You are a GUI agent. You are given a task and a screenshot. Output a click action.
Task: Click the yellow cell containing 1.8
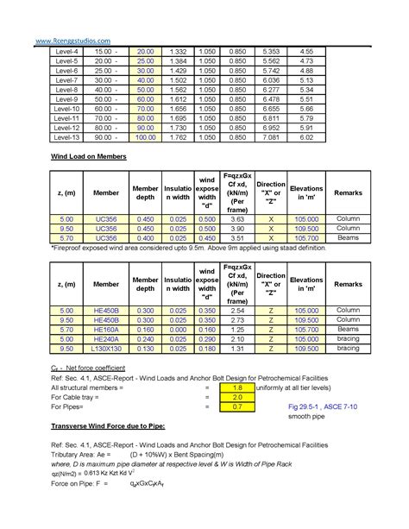(x=236, y=388)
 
